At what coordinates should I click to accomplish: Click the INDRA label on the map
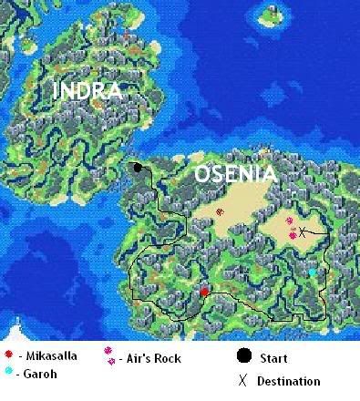(x=87, y=90)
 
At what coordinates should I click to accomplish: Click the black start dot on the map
(x=138, y=168)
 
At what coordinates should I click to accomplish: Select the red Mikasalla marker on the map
(x=205, y=293)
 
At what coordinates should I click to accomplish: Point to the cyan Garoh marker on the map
(x=312, y=272)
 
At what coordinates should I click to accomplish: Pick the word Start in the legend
(x=274, y=358)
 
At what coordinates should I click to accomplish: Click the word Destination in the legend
(x=288, y=381)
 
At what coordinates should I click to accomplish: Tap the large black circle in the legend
(x=244, y=356)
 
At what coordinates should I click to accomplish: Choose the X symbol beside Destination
(x=242, y=380)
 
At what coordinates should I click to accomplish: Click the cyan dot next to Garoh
(x=8, y=371)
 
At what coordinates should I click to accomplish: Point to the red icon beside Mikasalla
(x=8, y=355)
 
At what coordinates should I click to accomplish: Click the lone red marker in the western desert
(x=219, y=211)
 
